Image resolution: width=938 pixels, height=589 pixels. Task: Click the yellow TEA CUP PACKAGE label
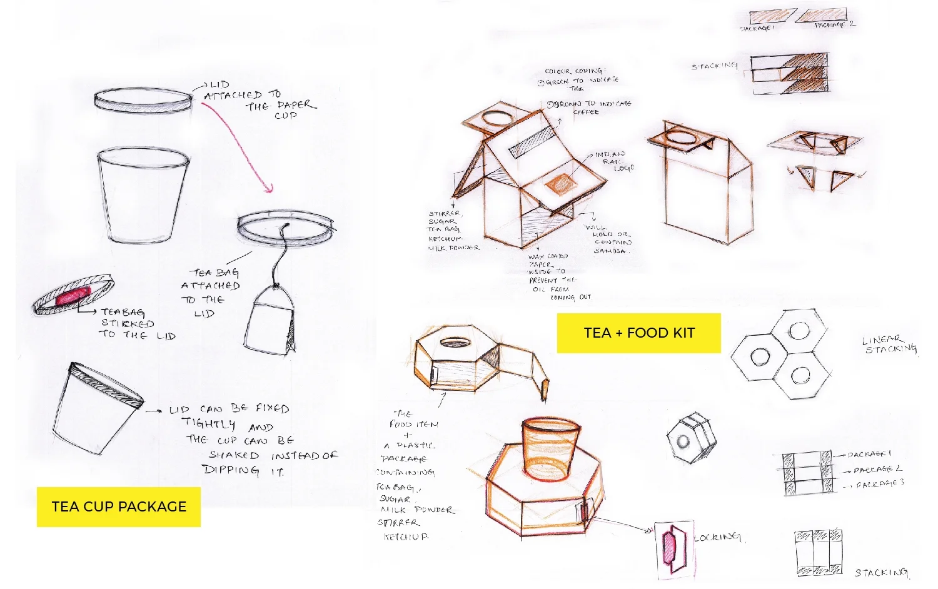(119, 506)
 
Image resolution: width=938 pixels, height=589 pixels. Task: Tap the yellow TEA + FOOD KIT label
(638, 333)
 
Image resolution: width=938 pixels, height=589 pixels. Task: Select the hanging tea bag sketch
(273, 319)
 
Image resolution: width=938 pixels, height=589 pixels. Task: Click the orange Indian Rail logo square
(560, 183)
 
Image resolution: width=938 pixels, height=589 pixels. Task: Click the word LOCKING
(718, 537)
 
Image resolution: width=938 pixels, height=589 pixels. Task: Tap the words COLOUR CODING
(573, 71)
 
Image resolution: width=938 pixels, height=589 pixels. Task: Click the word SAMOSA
(610, 251)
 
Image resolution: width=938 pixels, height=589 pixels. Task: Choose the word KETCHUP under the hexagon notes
(406, 537)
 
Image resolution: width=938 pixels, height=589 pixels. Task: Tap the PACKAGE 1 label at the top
(757, 29)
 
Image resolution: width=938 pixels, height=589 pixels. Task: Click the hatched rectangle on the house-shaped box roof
(531, 143)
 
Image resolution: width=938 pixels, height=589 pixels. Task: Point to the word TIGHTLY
(209, 423)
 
